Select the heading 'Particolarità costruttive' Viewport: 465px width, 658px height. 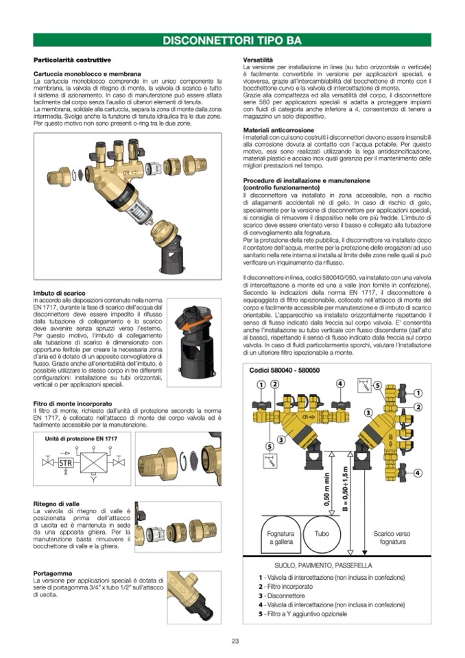[x=72, y=60]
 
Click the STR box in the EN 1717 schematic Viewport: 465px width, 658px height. [x=67, y=462]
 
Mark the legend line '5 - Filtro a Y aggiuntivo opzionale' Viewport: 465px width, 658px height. [x=302, y=613]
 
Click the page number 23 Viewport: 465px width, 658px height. [x=235, y=641]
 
